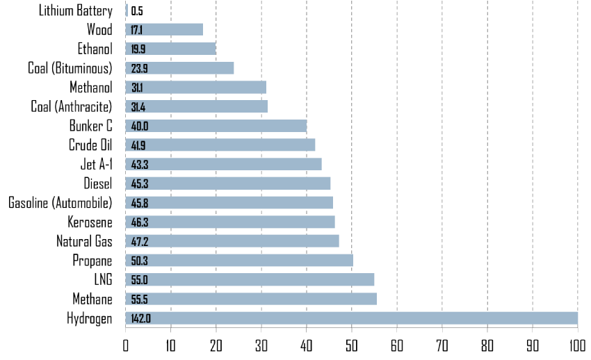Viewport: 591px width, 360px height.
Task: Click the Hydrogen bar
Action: [x=351, y=318]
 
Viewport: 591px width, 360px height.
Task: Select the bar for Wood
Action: [x=164, y=29]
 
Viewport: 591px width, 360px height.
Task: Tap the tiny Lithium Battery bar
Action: [x=127, y=10]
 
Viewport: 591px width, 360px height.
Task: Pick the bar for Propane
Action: [x=239, y=261]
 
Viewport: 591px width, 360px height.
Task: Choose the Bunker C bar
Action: [x=216, y=126]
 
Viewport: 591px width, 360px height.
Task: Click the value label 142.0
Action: [x=140, y=318]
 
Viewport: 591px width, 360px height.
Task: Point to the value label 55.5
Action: [x=140, y=300]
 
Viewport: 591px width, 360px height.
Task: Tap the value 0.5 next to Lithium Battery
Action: [x=137, y=11]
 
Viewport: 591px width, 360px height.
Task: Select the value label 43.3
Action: [x=140, y=165]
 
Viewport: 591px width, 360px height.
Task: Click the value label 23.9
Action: [x=140, y=68]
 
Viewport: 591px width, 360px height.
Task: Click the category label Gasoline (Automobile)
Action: [x=60, y=203]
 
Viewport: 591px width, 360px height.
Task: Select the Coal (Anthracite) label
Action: [x=72, y=106]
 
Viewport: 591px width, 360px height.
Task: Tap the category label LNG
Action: [x=102, y=280]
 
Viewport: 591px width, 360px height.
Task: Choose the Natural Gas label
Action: [x=84, y=241]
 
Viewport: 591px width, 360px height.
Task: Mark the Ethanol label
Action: [x=95, y=49]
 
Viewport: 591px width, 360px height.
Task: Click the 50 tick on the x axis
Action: [x=351, y=345]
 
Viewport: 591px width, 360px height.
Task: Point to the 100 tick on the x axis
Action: [x=577, y=345]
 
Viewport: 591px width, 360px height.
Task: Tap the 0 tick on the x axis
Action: [x=126, y=345]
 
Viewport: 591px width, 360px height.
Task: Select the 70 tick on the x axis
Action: [x=442, y=345]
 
